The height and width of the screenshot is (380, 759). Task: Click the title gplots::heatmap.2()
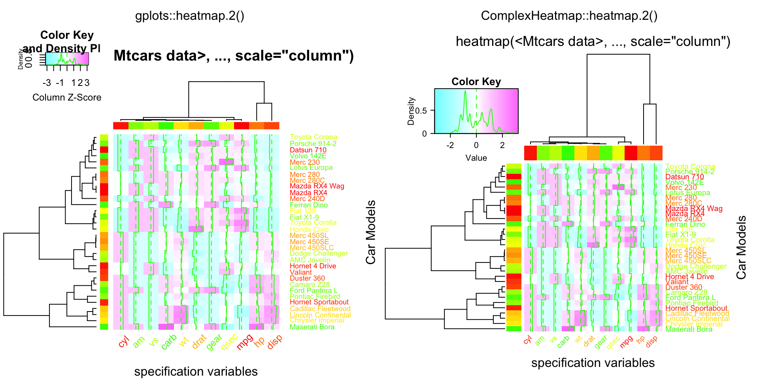click(190, 16)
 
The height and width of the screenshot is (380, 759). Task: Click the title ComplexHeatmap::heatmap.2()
click(569, 16)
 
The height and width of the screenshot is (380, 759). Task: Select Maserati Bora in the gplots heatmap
click(312, 327)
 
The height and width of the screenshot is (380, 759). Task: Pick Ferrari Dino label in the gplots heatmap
click(308, 205)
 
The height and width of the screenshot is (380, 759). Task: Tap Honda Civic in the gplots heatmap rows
click(309, 230)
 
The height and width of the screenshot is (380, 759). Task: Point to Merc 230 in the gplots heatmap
click(304, 162)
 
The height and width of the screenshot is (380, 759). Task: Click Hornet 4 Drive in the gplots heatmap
click(313, 266)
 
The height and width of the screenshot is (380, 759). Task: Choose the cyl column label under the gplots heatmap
click(124, 341)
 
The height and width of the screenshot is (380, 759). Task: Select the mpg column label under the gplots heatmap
click(245, 342)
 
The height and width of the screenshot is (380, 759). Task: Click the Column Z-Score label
click(67, 97)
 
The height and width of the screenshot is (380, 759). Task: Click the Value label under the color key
click(476, 158)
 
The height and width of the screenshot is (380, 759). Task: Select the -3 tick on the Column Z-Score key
click(47, 83)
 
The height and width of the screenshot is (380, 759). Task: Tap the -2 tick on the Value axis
click(450, 145)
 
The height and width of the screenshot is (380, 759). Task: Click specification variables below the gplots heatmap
click(196, 371)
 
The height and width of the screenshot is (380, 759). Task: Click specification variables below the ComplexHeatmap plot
click(593, 363)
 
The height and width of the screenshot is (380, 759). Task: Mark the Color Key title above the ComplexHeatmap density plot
click(476, 82)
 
